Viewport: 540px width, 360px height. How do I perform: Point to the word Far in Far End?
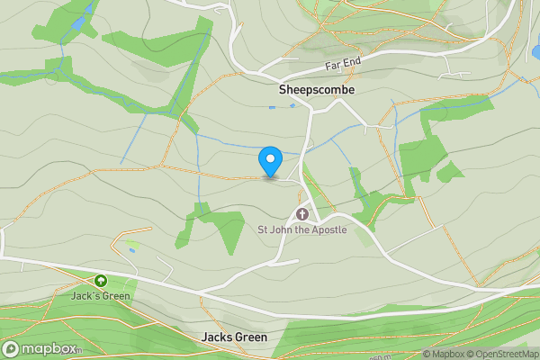334,67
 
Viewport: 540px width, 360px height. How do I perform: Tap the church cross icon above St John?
302,214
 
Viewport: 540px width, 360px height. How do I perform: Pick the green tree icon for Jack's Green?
100,281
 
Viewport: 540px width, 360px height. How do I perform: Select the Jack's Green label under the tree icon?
101,295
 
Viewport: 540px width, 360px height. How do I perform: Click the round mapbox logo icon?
11,349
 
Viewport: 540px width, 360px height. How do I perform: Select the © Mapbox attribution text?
445,354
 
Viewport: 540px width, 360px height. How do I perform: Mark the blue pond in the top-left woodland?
79,22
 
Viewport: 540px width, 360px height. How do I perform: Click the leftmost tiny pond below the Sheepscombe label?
272,108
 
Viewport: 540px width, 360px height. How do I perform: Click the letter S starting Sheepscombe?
283,91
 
